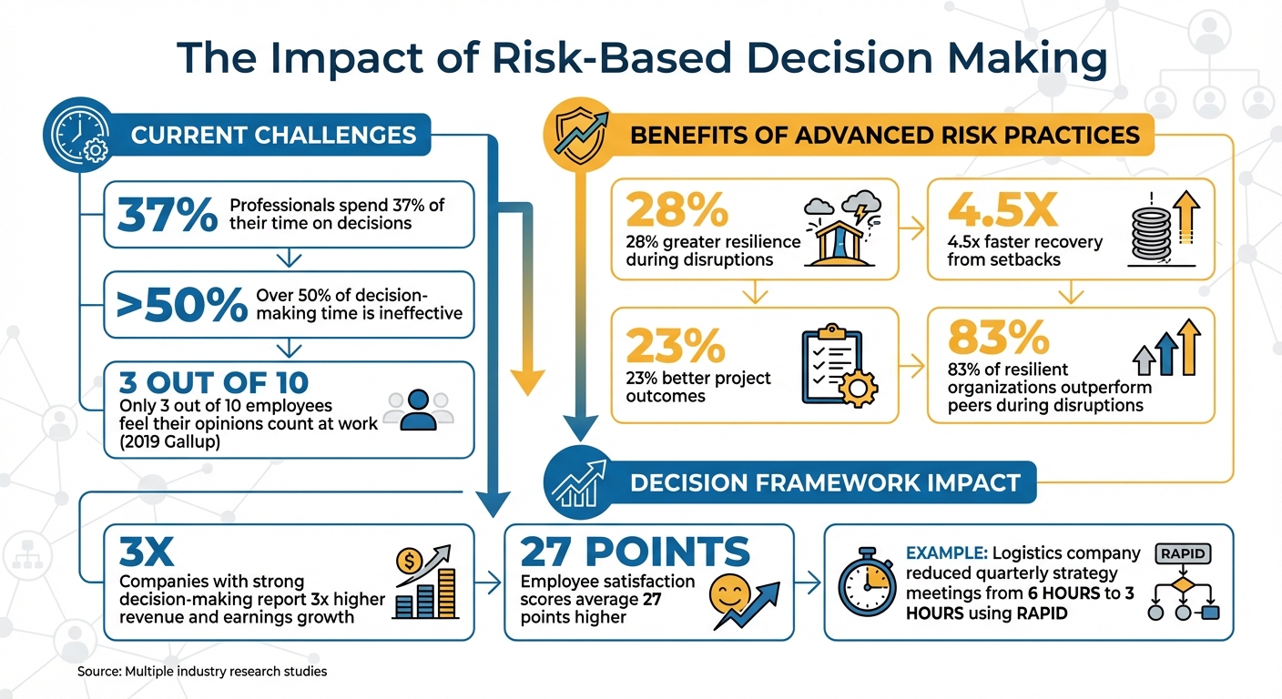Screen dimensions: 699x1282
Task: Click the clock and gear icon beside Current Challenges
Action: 79,135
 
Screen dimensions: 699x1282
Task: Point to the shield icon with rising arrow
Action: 580,135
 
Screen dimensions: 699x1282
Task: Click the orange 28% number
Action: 677,211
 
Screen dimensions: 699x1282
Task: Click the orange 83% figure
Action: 998,338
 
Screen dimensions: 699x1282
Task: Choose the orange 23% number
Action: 675,346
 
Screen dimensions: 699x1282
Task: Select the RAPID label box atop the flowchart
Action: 1182,552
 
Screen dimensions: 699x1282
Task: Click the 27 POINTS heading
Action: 635,552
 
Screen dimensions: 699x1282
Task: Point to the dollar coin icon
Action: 408,560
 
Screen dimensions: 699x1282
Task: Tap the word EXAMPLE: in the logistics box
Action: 945,553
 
